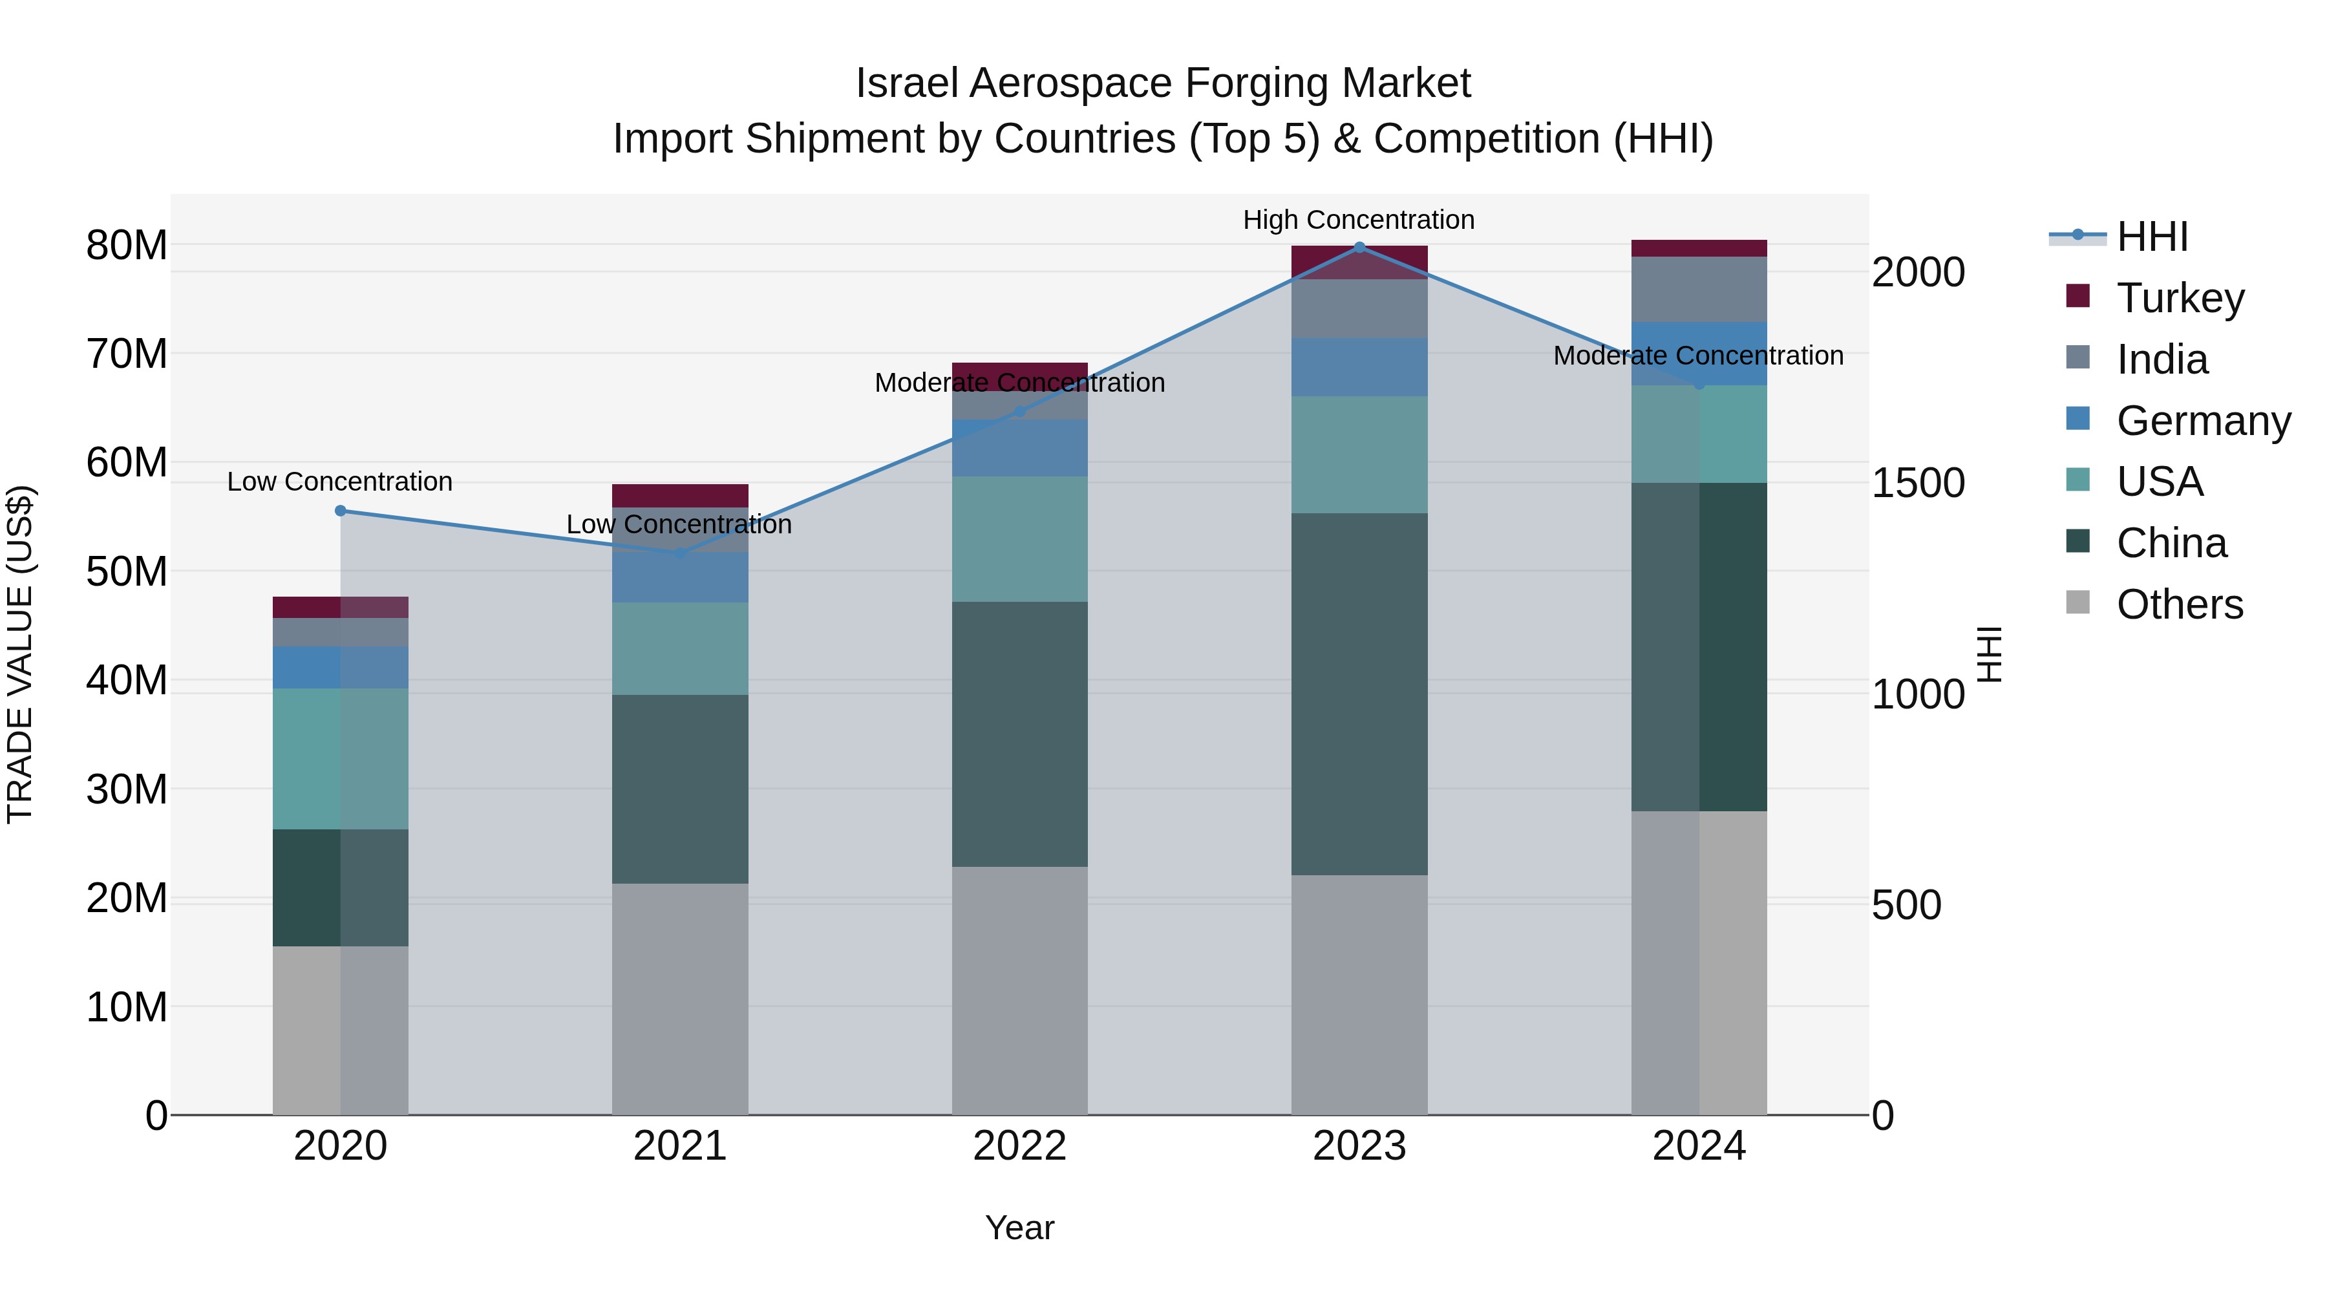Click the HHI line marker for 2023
click(x=1359, y=247)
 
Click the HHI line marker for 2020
click(x=341, y=511)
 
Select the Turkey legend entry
click(x=2180, y=297)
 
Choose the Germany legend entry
click(x=2202, y=420)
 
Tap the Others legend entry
click(x=2179, y=604)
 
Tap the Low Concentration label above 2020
click(x=339, y=482)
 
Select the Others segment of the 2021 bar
click(x=679, y=998)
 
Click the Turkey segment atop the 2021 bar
click(x=679, y=495)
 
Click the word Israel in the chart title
click(x=906, y=83)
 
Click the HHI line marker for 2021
click(x=679, y=553)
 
